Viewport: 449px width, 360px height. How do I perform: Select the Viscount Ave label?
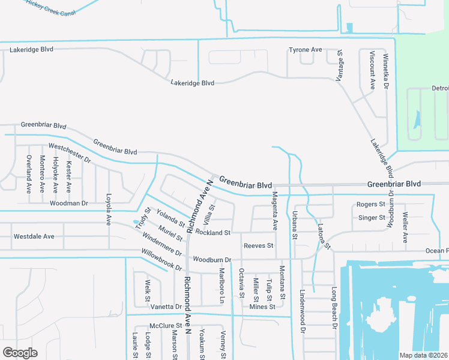pyautogui.click(x=372, y=70)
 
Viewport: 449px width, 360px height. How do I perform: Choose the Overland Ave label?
pyautogui.click(x=28, y=174)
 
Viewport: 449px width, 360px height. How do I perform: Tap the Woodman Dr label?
pyautogui.click(x=68, y=203)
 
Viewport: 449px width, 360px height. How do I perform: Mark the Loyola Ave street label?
pyautogui.click(x=109, y=209)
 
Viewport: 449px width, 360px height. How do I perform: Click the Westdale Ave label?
pyautogui.click(x=34, y=236)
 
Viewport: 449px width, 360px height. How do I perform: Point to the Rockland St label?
pyautogui.click(x=213, y=232)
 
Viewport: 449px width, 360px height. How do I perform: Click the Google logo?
pyautogui.click(x=20, y=353)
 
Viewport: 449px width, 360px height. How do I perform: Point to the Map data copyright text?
pyautogui.click(x=424, y=355)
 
